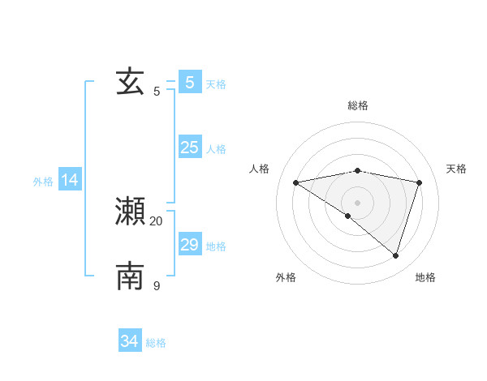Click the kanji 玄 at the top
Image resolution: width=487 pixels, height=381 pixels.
131,82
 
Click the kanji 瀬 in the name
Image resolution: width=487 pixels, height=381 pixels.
131,212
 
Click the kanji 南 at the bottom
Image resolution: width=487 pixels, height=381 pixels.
131,276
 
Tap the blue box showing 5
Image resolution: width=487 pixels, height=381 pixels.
190,82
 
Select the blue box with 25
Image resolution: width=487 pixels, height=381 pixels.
190,148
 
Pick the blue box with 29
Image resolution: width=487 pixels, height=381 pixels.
190,245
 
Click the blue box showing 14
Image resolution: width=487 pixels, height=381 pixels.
71,181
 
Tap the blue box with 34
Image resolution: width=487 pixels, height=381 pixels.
130,341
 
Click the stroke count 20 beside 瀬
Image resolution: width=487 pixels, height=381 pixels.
157,220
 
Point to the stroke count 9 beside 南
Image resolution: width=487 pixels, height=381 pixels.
157,285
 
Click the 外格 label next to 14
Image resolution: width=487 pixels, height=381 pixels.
43,182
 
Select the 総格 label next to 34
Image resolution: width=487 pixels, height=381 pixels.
156,343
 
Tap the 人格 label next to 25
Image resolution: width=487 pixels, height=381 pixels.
216,149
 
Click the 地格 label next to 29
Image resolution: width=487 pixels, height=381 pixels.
216,246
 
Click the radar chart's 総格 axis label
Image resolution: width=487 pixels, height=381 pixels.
357,105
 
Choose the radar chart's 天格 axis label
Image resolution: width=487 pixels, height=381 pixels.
456,169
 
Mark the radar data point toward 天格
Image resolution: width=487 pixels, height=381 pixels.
419,182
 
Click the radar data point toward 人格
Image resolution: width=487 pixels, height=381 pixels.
295,182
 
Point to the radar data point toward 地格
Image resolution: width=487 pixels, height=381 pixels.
395,255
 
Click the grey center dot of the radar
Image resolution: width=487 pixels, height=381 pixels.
357,202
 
